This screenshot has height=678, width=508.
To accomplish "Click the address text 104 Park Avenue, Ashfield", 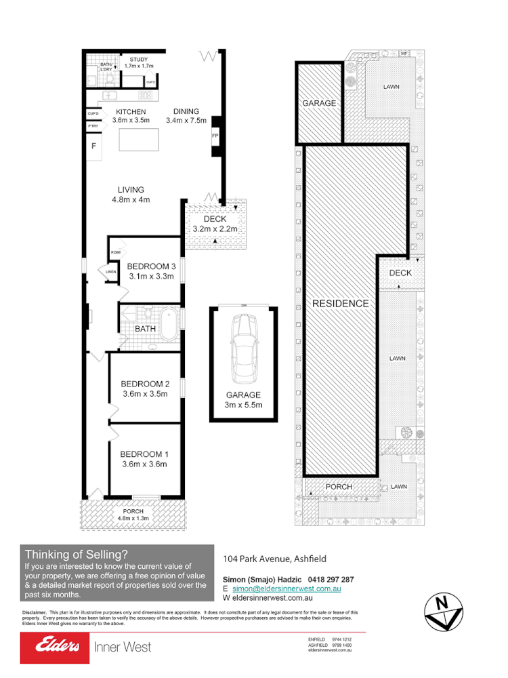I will point(275,559).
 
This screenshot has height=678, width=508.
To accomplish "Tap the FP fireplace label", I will point(215,136).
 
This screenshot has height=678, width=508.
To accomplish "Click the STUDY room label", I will point(140,60).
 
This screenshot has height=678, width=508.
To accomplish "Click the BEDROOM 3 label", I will point(151,266).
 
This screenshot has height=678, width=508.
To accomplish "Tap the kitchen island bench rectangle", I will point(139,140).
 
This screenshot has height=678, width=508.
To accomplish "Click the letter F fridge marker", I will point(93,146).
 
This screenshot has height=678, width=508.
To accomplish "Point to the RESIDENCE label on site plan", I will point(340,304).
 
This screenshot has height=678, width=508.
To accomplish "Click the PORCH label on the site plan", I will point(339,487).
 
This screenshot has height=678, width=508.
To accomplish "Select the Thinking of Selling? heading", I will point(76,554).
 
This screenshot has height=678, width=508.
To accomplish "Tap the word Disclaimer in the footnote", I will point(33,612).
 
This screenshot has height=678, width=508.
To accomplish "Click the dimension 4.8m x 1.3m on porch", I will point(133,518).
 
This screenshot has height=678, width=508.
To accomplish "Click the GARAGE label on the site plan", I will point(319,103).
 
